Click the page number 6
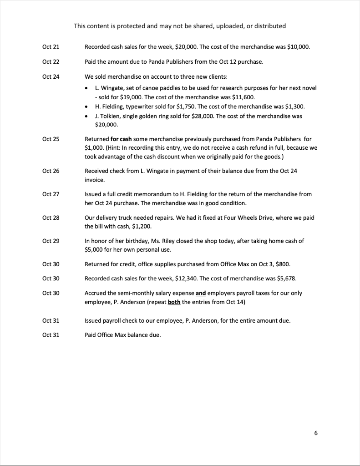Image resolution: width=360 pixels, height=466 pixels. (x=316, y=433)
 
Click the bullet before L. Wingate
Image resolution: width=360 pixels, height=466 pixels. (x=88, y=88)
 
